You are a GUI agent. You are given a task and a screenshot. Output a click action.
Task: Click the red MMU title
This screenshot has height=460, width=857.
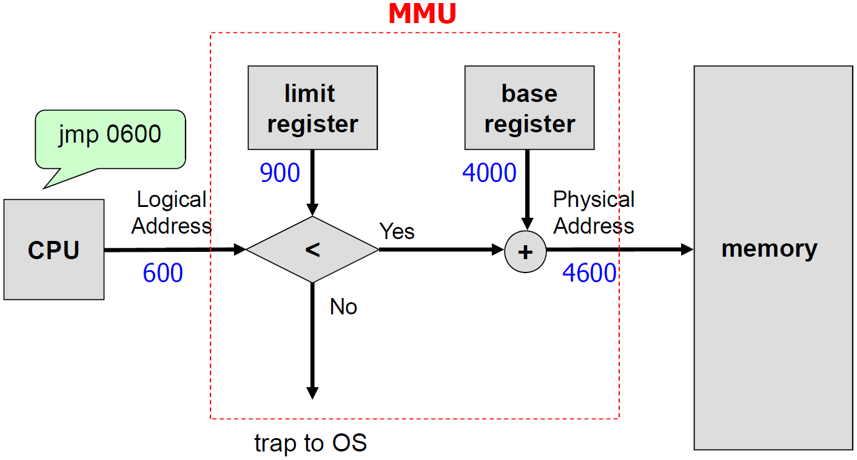[422, 15]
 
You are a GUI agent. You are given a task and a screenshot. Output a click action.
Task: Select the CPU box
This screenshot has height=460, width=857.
[54, 249]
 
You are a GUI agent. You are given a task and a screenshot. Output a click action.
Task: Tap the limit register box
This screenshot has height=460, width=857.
[312, 108]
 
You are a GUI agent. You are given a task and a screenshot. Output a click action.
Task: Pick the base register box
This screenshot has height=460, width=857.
[529, 108]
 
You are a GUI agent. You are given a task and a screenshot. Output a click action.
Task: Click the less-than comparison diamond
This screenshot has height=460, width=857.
[312, 249]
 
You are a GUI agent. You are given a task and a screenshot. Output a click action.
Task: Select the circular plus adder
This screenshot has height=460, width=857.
[525, 251]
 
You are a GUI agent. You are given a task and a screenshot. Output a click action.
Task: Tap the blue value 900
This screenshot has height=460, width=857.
[280, 174]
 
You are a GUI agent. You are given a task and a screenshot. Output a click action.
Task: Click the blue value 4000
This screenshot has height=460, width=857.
[489, 174]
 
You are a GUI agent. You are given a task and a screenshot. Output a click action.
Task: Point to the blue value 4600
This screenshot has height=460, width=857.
[589, 274]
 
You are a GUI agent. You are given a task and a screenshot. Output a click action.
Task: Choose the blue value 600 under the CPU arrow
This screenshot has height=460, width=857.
[163, 274]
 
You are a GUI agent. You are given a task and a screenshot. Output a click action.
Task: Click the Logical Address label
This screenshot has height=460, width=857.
[172, 212]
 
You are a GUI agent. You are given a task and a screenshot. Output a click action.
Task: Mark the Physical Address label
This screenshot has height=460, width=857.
[594, 212]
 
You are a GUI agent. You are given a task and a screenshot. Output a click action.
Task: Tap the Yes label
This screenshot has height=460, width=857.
[397, 231]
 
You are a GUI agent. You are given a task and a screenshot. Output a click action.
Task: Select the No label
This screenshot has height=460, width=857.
[343, 307]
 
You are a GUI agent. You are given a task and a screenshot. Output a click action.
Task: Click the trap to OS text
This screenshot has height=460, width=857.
[311, 443]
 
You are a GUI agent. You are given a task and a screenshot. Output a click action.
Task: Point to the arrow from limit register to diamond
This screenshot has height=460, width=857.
[312, 182]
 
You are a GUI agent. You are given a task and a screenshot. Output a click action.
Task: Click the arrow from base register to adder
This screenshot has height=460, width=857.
[527, 188]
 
